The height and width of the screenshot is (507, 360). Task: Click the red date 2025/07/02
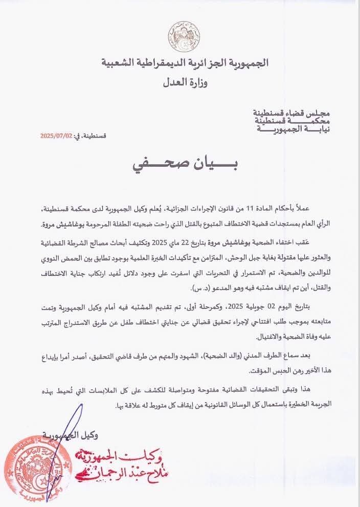[x=56, y=136]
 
